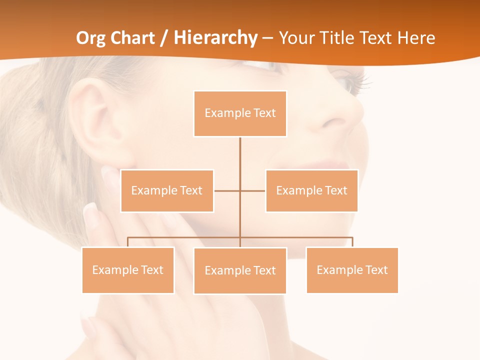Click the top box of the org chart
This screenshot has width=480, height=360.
click(240, 113)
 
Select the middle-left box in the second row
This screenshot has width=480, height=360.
click(167, 190)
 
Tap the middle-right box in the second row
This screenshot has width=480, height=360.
click(311, 190)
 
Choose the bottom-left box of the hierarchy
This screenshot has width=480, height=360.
click(128, 270)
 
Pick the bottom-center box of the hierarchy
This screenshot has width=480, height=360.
click(240, 270)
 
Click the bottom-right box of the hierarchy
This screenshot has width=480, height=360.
click(352, 270)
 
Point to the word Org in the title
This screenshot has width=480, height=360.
click(90, 37)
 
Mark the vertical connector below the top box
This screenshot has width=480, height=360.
click(240, 155)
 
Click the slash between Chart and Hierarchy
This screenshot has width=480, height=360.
click(164, 38)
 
